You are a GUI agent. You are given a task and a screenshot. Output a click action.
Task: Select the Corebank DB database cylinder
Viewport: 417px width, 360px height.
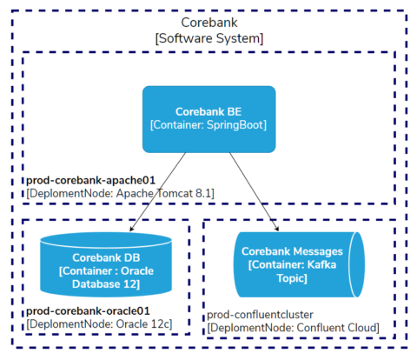click(109, 264)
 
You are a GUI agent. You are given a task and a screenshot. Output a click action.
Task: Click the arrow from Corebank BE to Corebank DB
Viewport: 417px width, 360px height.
click(158, 191)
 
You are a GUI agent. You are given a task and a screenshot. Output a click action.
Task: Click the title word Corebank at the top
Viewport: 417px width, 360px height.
click(208, 22)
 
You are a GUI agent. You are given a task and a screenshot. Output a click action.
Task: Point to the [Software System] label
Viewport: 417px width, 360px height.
click(208, 38)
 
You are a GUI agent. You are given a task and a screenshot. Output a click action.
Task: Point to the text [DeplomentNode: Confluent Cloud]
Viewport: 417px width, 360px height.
click(293, 327)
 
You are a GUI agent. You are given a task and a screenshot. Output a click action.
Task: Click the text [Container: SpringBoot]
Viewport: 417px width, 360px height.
click(208, 125)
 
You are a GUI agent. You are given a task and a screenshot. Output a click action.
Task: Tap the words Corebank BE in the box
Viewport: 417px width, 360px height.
click(208, 111)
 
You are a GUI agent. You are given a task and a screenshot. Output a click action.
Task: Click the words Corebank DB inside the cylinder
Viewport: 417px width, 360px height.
click(109, 257)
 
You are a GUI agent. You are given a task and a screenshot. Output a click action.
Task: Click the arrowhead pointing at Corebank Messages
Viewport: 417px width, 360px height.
click(276, 230)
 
